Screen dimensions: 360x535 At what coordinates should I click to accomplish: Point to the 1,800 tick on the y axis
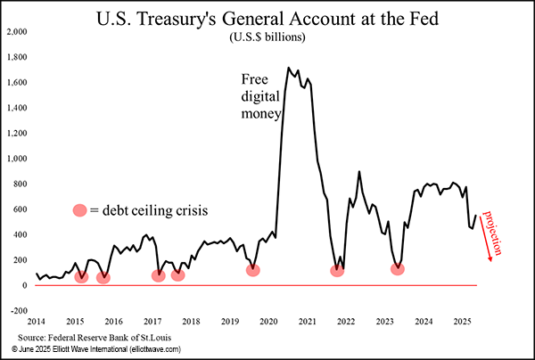point(18,57)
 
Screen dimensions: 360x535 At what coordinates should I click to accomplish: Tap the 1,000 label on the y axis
point(18,159)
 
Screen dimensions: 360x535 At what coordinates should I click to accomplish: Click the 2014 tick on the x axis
point(36,321)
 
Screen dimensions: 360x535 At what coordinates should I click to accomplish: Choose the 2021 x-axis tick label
point(308,321)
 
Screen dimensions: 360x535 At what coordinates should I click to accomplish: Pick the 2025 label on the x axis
point(462,321)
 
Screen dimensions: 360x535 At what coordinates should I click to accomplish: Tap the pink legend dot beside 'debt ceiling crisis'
point(80,210)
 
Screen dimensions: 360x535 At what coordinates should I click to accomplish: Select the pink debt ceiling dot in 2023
point(398,269)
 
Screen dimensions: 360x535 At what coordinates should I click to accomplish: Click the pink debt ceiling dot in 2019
point(253,270)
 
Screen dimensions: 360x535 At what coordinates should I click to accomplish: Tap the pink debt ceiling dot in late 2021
point(337,270)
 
